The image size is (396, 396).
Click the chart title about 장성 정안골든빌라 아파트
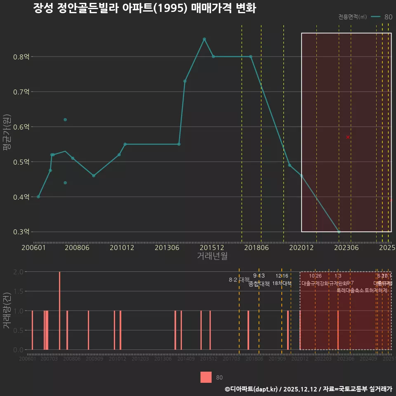[x=144, y=9]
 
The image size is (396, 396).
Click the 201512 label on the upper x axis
[x=212, y=248]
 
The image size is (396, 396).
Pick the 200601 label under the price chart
[x=33, y=248]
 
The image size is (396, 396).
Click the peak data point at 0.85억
[x=204, y=39]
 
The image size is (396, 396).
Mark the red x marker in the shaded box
[x=348, y=137]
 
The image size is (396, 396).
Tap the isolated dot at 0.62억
[x=65, y=120]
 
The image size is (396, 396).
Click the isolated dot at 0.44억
[x=65, y=183]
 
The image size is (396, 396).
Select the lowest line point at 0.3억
[x=339, y=232]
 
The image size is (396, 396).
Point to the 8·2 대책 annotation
[x=236, y=280]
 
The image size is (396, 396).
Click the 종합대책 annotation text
[x=259, y=284]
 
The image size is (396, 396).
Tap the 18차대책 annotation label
[x=282, y=283]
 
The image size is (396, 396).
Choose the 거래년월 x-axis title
[x=212, y=256]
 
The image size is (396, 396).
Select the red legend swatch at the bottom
[x=206, y=377]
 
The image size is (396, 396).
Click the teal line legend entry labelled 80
[x=381, y=17]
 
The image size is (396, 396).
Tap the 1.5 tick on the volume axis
[x=18, y=291]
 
